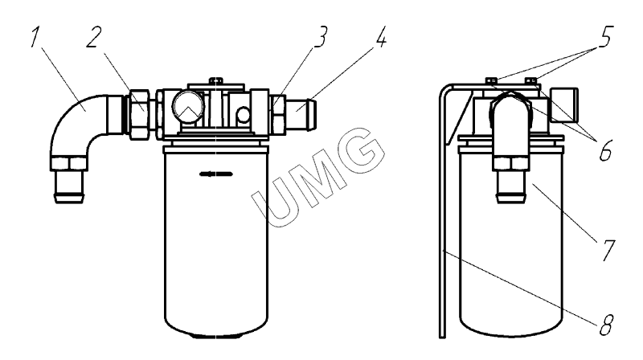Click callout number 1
click(35, 37)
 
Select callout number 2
click(93, 37)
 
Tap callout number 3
click(320, 37)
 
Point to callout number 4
click(380, 37)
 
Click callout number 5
click(604, 37)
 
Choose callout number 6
click(606, 150)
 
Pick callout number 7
click(608, 250)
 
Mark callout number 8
click(606, 325)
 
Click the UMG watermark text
click(318, 178)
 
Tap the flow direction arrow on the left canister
click(216, 174)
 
